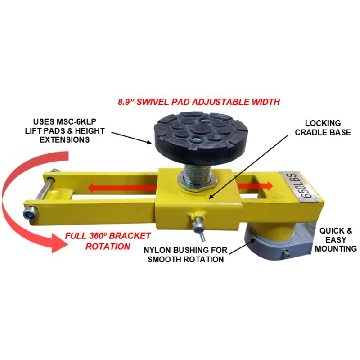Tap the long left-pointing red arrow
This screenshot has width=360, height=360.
(121, 188)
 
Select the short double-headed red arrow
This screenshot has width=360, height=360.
(255, 186)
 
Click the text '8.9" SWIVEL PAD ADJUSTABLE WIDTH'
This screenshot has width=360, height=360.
(199, 102)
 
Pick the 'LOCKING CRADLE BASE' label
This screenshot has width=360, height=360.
(323, 128)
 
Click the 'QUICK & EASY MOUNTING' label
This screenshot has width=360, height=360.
(336, 240)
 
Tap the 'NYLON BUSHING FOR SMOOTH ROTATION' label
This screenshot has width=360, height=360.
(185, 255)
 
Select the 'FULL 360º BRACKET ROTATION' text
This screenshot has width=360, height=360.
(108, 241)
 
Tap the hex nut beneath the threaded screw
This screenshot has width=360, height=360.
(197, 183)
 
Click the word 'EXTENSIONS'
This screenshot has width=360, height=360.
(65, 140)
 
